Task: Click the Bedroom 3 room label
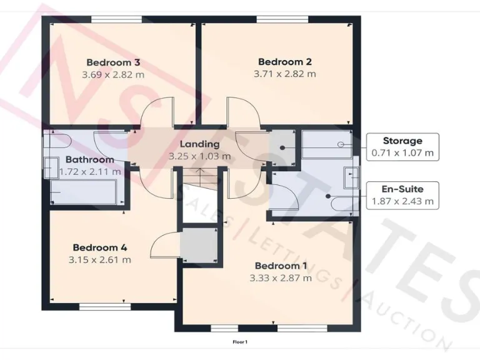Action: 112,62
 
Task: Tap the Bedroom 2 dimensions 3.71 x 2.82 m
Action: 284,74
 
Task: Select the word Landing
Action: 199,144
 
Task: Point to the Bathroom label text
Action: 90,159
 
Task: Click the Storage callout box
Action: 402,147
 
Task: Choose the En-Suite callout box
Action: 402,196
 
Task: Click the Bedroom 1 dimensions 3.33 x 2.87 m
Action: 281,278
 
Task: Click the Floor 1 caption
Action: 240,342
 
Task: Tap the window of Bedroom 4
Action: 100,306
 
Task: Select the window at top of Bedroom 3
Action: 112,19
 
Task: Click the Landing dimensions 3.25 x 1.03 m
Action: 199,156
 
